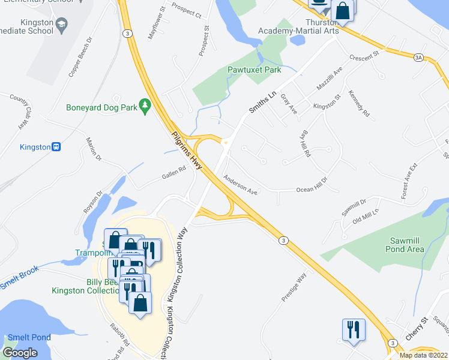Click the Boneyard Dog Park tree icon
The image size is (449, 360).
click(x=144, y=106)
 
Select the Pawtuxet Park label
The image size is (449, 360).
click(x=255, y=70)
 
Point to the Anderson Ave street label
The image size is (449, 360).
click(x=240, y=184)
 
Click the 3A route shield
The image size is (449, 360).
click(x=418, y=58)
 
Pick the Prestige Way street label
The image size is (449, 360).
click(x=294, y=287)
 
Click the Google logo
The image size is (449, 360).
click(x=20, y=353)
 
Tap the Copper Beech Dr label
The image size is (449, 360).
click(x=80, y=59)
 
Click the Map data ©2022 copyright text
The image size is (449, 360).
click(x=424, y=355)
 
